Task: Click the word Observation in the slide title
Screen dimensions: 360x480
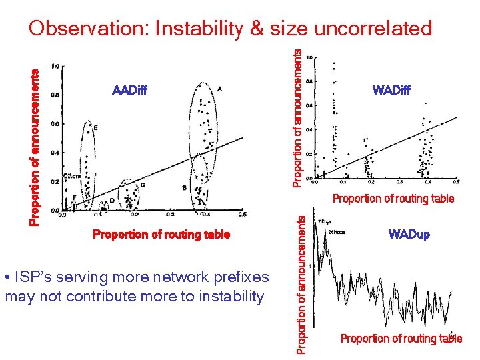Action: tap(88, 28)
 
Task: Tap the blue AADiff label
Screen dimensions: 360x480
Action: tap(130, 90)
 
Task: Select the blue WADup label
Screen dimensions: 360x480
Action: tap(409, 234)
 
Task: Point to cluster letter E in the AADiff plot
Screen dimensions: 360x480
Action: tap(95, 127)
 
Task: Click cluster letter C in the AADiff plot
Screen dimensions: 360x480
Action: tap(142, 185)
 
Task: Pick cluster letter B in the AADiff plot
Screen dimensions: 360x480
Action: tap(184, 188)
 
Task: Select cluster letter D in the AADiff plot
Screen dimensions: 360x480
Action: tap(111, 200)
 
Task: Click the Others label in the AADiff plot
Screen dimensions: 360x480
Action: tap(71, 176)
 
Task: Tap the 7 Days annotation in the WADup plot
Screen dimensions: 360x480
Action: tap(325, 221)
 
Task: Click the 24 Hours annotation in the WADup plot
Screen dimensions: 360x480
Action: tap(336, 232)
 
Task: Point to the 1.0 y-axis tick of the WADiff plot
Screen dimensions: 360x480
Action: tap(309, 58)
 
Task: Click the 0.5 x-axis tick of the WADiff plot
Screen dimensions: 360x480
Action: tap(456, 182)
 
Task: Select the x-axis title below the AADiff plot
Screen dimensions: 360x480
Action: tap(161, 234)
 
